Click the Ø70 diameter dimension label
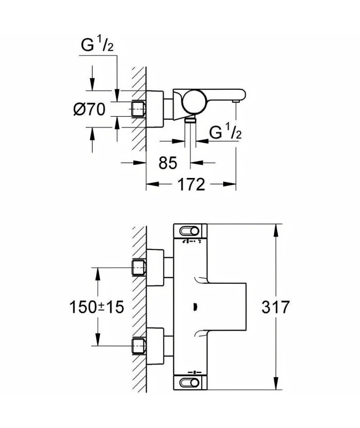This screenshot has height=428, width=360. (x=90, y=109)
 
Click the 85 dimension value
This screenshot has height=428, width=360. (x=168, y=163)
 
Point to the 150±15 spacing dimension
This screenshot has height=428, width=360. (x=97, y=307)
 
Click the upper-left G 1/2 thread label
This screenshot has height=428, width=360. (x=97, y=45)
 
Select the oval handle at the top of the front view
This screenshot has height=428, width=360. (x=189, y=231)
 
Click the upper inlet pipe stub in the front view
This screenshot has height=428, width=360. (x=139, y=268)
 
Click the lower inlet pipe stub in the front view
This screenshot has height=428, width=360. (x=139, y=346)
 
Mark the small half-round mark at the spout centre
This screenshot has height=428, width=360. (x=194, y=307)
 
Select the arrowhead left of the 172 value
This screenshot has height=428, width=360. (x=153, y=184)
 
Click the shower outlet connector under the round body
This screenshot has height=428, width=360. (x=190, y=120)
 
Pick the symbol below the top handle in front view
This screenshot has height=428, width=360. (x=192, y=241)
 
